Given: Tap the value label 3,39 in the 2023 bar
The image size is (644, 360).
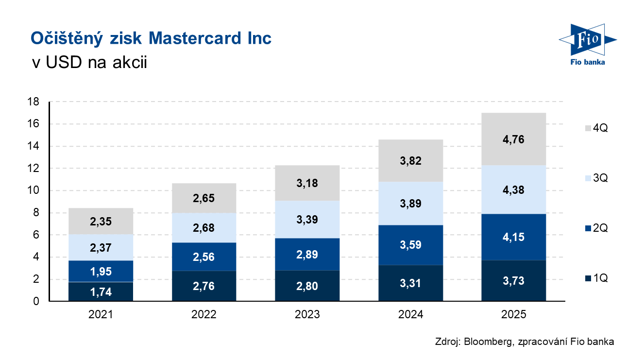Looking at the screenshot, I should pos(307,219).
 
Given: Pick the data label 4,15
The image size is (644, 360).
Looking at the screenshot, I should pos(513,238).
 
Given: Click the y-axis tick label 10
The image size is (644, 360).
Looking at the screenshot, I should pos(33,190).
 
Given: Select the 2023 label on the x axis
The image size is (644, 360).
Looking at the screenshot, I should pos(307,314).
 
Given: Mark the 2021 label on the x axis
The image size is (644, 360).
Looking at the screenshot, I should pos(101,314).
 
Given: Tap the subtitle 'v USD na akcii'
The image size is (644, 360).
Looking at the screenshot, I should pos(88,63).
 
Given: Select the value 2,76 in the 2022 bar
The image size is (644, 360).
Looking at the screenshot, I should pos(204,286).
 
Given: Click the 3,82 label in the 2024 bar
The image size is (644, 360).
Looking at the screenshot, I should pos(410,160).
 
